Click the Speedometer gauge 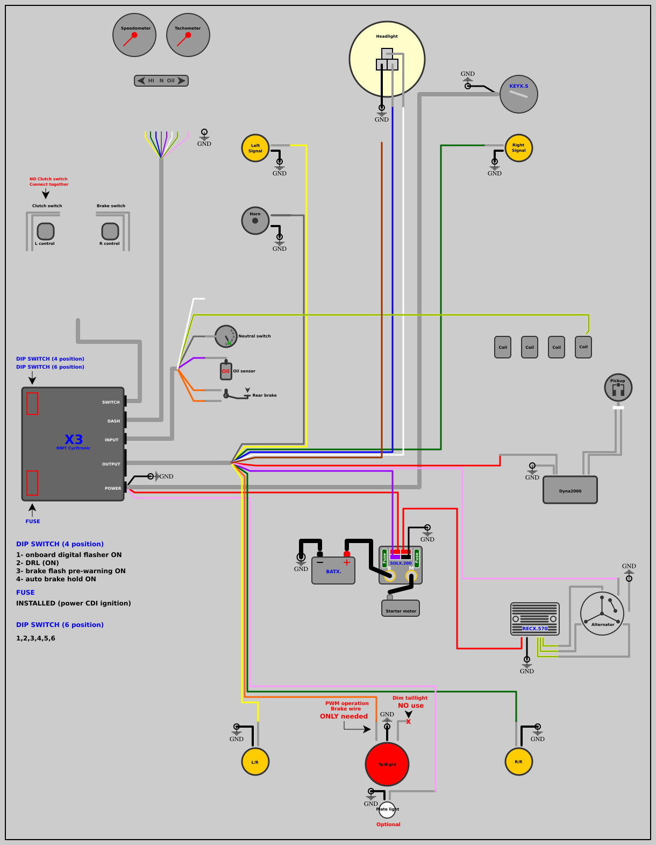134,35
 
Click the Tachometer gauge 188,35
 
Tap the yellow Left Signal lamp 255,148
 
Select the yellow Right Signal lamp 519,148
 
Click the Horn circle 255,221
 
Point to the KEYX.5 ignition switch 519,94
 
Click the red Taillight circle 387,764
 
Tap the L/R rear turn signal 255,762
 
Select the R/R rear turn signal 519,762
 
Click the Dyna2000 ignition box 570,490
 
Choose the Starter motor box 401,609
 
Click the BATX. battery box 333,571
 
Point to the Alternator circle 602,614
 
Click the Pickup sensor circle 618,388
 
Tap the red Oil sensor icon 226,371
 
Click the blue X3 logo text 74,439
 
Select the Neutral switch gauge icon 226,336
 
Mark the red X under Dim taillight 409,722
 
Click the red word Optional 388,825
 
